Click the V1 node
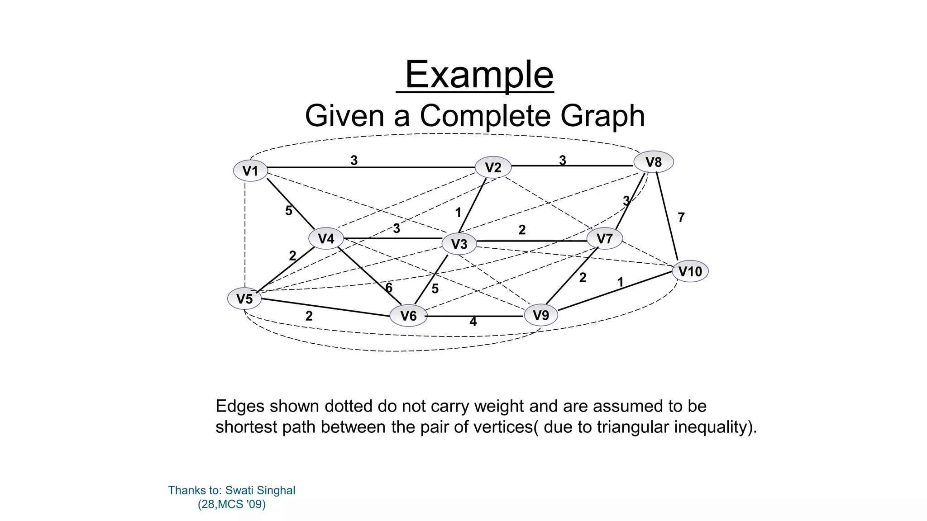pos(250,171)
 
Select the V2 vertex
pos(493,167)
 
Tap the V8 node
pos(653,162)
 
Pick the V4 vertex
pos(326,238)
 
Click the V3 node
pos(459,244)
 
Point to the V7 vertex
pos(604,238)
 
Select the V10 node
pos(690,271)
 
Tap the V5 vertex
pos(244,298)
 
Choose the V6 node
pos(408,315)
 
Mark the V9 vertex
pos(541,315)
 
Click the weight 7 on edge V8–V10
pos(681,218)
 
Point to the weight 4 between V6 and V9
pos(473,322)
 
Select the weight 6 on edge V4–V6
pos(389,288)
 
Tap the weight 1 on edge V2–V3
pos(458,213)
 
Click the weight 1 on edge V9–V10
pos(620,282)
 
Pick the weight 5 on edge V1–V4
pos(289,211)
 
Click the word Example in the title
pos(479,75)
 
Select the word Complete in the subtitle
pos(485,116)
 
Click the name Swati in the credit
pos(240,490)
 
